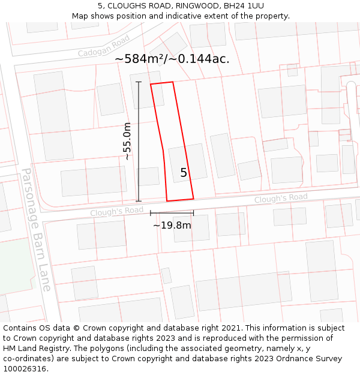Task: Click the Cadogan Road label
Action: click(x=104, y=46)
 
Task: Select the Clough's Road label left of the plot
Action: click(x=117, y=211)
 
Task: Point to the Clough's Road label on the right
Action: click(x=281, y=198)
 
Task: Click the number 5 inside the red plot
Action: click(x=184, y=173)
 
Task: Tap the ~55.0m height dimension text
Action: click(x=127, y=141)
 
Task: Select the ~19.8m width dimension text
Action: click(x=172, y=226)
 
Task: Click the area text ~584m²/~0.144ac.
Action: click(x=172, y=59)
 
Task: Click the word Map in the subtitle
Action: click(x=80, y=16)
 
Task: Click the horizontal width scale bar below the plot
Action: click(x=172, y=212)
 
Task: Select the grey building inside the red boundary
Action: click(x=187, y=162)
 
